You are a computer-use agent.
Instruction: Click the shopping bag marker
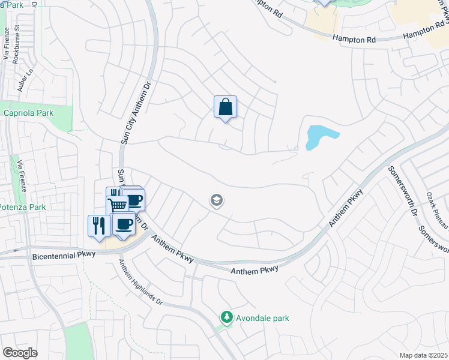coord(226,107)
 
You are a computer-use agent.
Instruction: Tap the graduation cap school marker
coord(217,201)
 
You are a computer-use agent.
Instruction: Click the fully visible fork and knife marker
coord(99,226)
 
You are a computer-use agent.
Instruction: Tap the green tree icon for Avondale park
coord(226,317)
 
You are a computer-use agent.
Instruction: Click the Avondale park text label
coord(262,317)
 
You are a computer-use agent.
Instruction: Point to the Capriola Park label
coord(28,113)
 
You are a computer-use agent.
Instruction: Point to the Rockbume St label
coord(17,43)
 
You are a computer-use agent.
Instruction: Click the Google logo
coord(20,353)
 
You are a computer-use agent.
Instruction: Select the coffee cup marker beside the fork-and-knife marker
coord(124,224)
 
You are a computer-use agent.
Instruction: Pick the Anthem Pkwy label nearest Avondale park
coord(255,270)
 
